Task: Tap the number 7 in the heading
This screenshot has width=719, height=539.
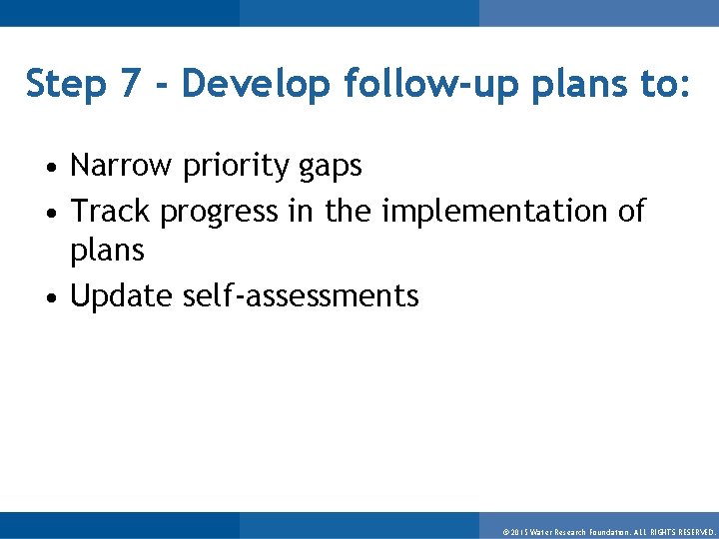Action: coord(131,85)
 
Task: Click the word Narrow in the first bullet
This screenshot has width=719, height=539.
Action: coord(122,166)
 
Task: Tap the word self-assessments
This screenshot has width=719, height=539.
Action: coord(301,296)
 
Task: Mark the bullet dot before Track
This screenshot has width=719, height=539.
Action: coord(59,213)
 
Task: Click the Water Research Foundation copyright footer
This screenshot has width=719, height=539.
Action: coord(608,533)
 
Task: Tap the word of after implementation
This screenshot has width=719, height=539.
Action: coord(631,211)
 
